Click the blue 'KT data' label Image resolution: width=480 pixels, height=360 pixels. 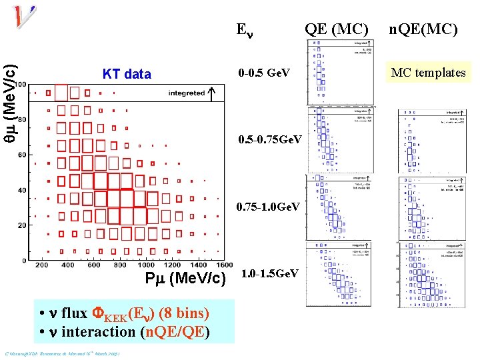point(127,74)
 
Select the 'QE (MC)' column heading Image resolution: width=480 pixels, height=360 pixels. point(336,29)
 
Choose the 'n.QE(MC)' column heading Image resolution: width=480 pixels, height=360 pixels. point(423,29)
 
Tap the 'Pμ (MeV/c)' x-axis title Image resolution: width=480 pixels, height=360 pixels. point(186,278)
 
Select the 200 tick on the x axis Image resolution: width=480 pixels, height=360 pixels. point(42,265)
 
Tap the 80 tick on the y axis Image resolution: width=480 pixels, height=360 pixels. point(22,120)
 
